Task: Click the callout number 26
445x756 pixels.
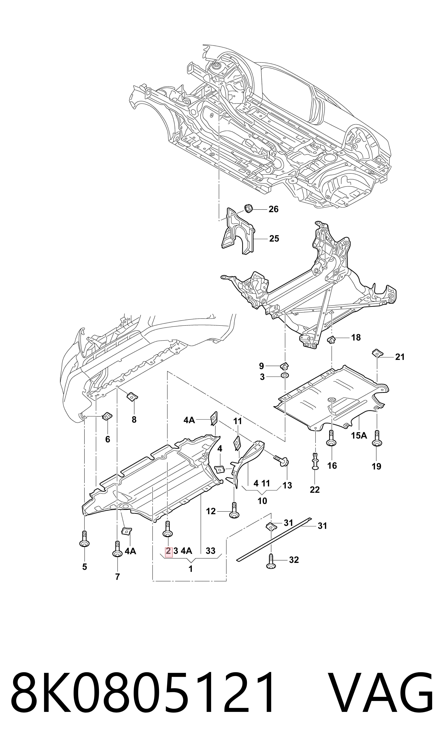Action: [274, 209]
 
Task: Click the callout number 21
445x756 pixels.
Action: [400, 357]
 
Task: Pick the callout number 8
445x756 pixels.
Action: [134, 420]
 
